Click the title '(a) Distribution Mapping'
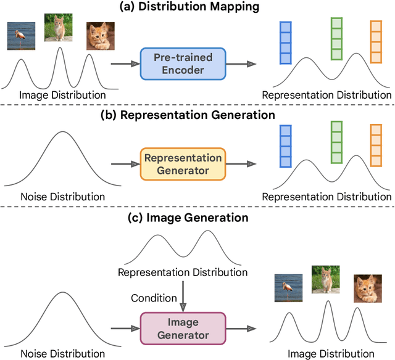tap(198, 8)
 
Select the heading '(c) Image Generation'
tap(198, 218)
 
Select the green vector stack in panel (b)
tap(336, 143)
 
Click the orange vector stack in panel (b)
tap(376, 146)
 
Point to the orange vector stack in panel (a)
tap(376, 43)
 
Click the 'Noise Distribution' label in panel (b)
tap(54, 197)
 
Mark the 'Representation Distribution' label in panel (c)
tap(183, 272)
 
